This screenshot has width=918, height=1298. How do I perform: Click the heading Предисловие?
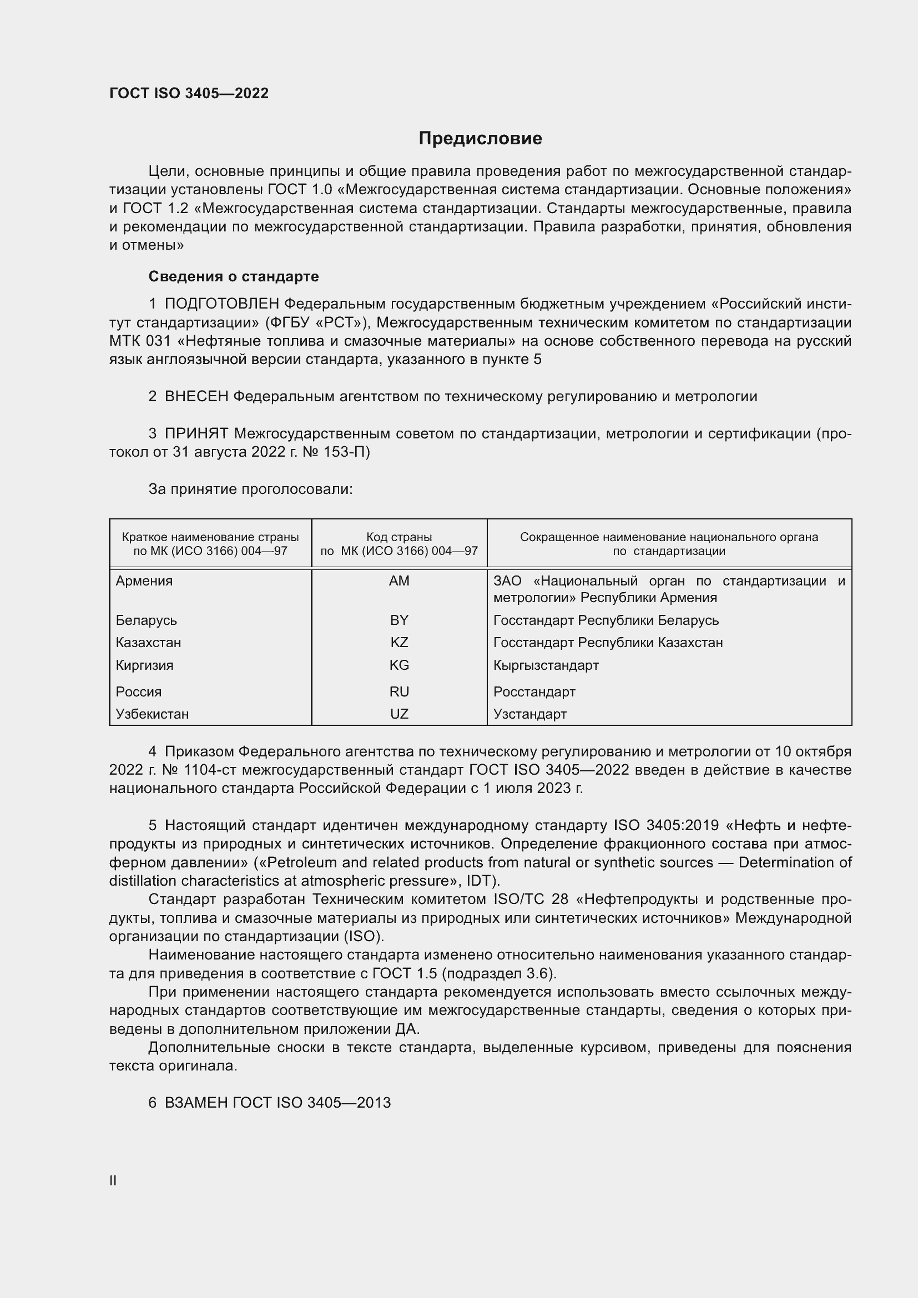point(480,139)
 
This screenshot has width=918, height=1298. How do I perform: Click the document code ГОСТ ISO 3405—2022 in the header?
point(189,94)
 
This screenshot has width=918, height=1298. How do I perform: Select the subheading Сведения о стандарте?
point(234,276)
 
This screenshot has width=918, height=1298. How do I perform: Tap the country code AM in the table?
point(399,581)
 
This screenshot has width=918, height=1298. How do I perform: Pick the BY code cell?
point(399,620)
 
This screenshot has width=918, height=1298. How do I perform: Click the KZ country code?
point(399,642)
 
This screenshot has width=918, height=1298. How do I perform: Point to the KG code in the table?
point(399,665)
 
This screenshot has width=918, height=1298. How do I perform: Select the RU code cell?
point(399,691)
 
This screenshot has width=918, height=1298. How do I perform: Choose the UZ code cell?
point(399,714)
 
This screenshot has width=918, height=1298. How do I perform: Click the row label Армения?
point(144,581)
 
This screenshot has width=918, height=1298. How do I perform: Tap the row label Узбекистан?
point(152,714)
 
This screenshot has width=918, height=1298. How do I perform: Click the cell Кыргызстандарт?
point(546,665)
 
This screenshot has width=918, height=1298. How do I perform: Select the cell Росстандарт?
point(534,691)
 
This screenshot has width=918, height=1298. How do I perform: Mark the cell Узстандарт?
point(529,714)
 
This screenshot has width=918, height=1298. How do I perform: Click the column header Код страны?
point(399,537)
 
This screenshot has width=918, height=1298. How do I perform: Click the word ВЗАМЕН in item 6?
point(196,1103)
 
